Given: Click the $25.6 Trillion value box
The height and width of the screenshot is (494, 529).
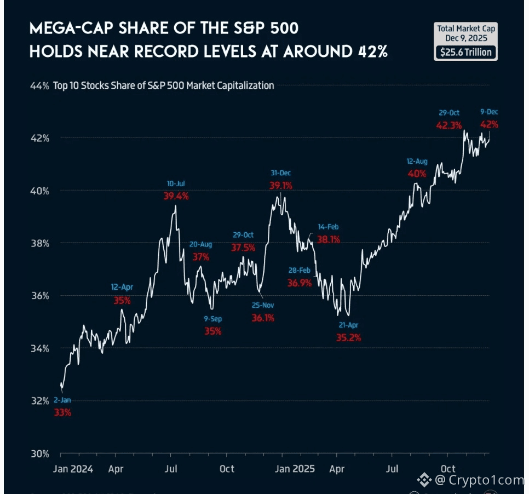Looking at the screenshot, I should pyautogui.click(x=466, y=53).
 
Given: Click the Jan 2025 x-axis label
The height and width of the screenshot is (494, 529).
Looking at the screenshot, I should pyautogui.click(x=294, y=469).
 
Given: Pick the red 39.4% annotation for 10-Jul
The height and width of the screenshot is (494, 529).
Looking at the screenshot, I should pyautogui.click(x=176, y=196).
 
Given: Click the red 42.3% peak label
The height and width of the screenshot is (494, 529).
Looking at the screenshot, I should pyautogui.click(x=448, y=125).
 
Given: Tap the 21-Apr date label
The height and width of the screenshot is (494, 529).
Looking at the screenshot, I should pyautogui.click(x=348, y=325).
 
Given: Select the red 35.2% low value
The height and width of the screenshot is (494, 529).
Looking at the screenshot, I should pyautogui.click(x=348, y=338).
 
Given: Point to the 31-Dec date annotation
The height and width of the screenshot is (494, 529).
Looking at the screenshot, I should pyautogui.click(x=280, y=173).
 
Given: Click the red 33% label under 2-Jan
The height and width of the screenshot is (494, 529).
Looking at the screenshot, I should pyautogui.click(x=62, y=412).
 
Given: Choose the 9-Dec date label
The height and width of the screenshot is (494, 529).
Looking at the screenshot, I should pyautogui.click(x=489, y=112).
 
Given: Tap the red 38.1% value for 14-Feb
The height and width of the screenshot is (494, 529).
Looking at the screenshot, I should pyautogui.click(x=328, y=239).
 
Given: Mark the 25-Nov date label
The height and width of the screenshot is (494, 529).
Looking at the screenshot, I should pyautogui.click(x=263, y=305).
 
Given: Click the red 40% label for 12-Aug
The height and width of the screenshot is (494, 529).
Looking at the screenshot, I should pyautogui.click(x=416, y=174).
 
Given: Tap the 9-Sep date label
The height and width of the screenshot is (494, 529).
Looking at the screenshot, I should pyautogui.click(x=213, y=318).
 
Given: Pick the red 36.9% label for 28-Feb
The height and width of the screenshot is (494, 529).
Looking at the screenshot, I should pyautogui.click(x=300, y=283).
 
